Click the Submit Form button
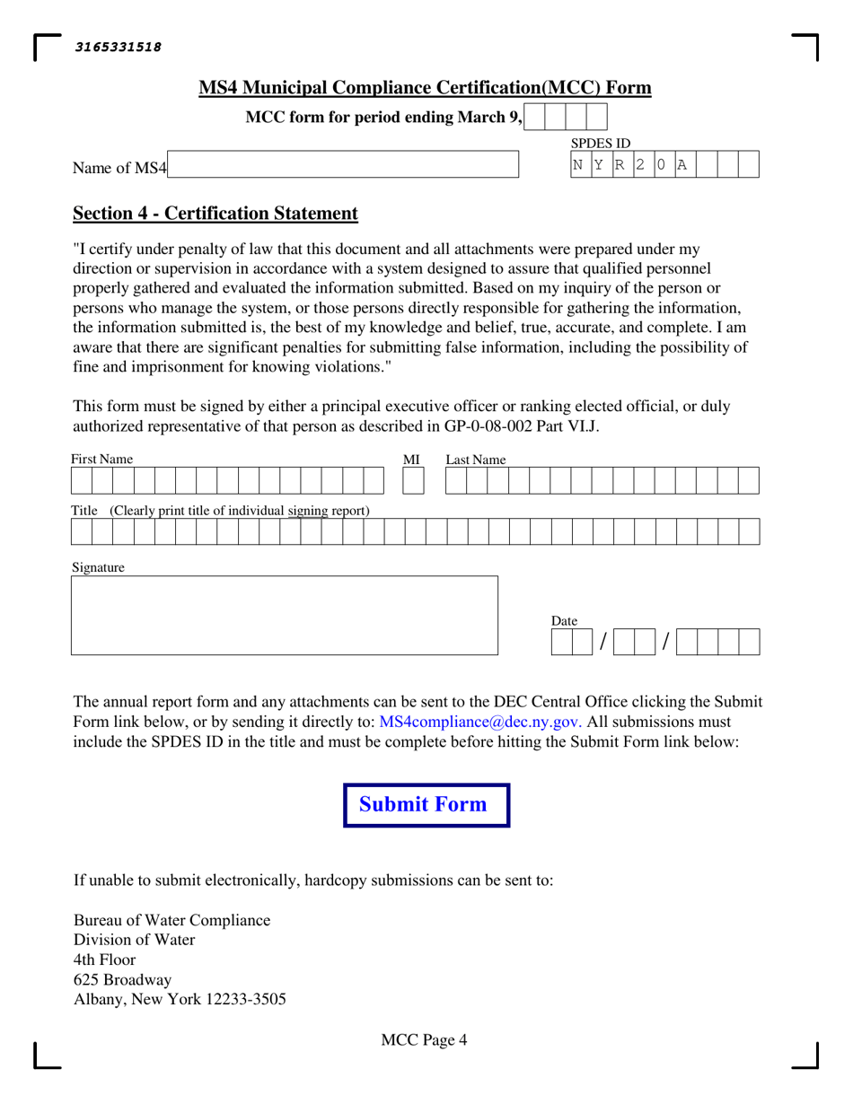pyautogui.click(x=426, y=805)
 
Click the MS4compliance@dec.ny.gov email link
pyautogui.click(x=480, y=722)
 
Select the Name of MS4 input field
pyautogui.click(x=343, y=164)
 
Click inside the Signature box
pyautogui.click(x=284, y=616)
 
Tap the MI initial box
pyautogui.click(x=413, y=482)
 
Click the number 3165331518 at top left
pyautogui.click(x=119, y=48)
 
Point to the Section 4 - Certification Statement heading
pyautogui.click(x=215, y=214)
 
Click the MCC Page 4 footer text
pyautogui.click(x=424, y=1041)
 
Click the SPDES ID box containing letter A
pyautogui.click(x=685, y=164)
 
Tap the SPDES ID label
pyautogui.click(x=601, y=144)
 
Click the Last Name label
pyautogui.click(x=476, y=460)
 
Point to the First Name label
pyautogui.click(x=102, y=460)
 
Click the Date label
pyautogui.click(x=564, y=621)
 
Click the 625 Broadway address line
pyautogui.click(x=122, y=979)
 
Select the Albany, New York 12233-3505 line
pyautogui.click(x=180, y=999)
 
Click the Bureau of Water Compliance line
pyautogui.click(x=171, y=921)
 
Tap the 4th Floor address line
pyautogui.click(x=104, y=959)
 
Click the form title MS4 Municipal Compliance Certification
pyautogui.click(x=425, y=88)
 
